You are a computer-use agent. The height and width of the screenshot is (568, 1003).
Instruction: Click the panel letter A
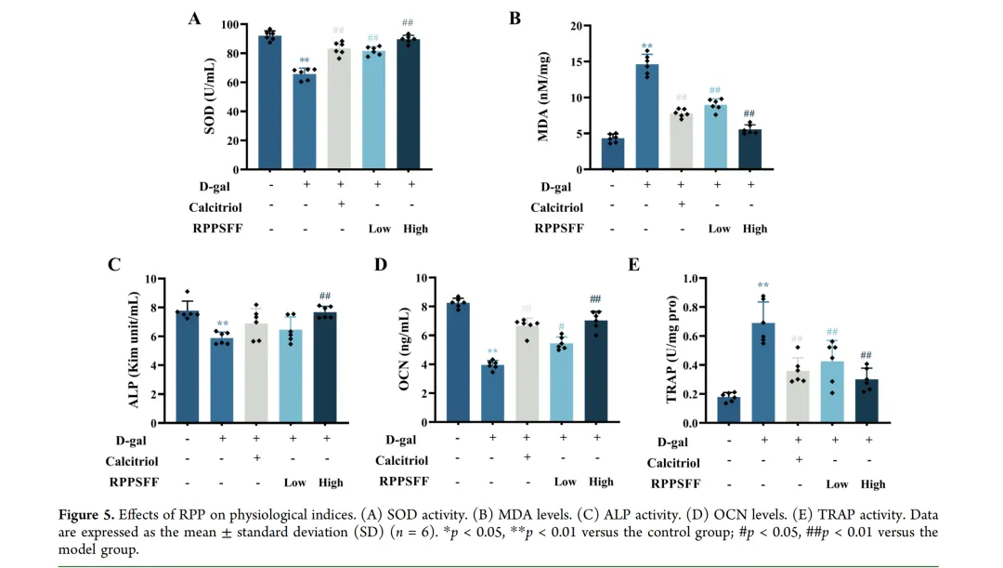(195, 18)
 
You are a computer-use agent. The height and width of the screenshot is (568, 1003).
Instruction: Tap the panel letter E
(634, 265)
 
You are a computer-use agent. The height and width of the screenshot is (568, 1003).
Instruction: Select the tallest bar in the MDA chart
(647, 116)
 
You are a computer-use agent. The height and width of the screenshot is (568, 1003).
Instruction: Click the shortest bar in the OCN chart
(491, 393)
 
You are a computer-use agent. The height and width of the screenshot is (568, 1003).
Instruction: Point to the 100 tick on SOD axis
(241, 24)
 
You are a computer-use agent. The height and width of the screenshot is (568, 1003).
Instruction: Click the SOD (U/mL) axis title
(210, 96)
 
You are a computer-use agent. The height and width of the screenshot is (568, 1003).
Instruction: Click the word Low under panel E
(837, 483)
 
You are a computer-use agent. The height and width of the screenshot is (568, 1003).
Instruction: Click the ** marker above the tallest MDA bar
(646, 46)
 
